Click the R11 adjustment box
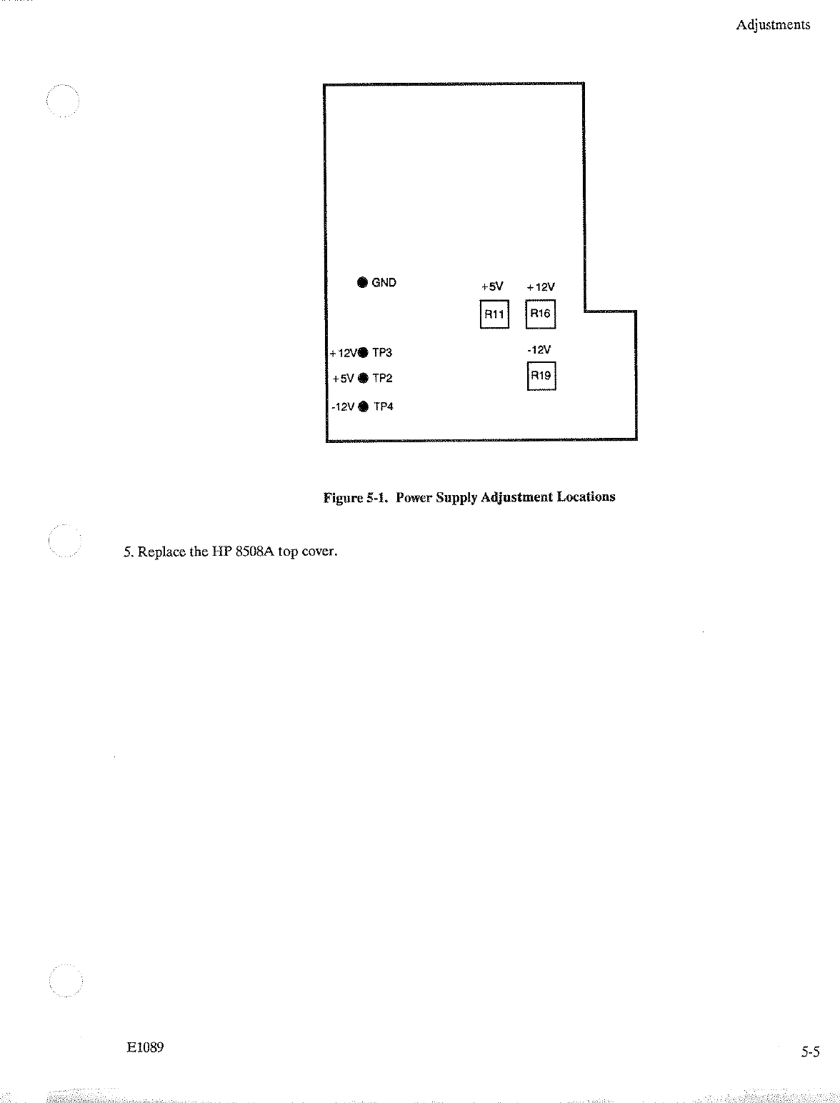(x=494, y=314)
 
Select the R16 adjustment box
(x=540, y=314)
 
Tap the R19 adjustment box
(x=541, y=376)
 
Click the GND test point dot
(x=362, y=282)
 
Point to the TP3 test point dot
(x=364, y=352)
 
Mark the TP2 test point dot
(x=363, y=378)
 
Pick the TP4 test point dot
(x=364, y=406)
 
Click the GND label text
(x=384, y=282)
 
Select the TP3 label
(x=382, y=352)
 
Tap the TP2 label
(x=382, y=378)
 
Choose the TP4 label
(x=384, y=406)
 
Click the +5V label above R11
(x=492, y=286)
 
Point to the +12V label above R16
(x=541, y=287)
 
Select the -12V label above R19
(x=539, y=350)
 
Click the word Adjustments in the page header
(x=773, y=25)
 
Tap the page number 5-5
(x=810, y=1052)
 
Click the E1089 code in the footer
(x=145, y=1047)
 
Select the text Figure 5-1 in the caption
(x=355, y=497)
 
